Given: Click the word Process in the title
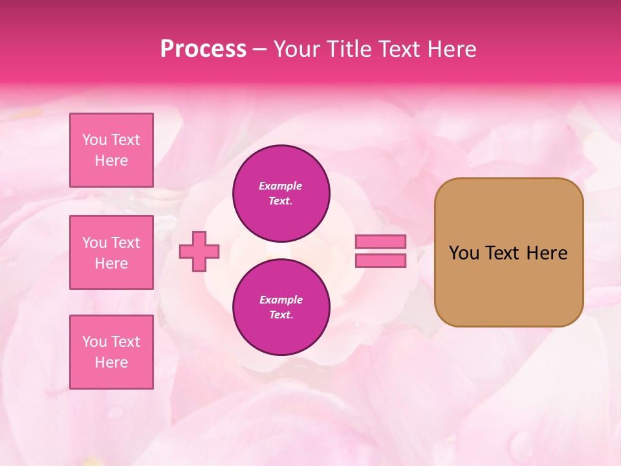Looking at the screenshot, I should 203,49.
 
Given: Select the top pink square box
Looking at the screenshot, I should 111,150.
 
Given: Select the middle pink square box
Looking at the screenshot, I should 111,252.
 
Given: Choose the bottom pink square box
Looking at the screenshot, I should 111,352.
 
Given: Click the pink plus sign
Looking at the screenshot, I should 199,251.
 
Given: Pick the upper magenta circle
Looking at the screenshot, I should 281,194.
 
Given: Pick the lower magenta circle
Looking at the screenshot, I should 281,307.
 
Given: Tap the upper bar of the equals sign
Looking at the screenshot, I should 380,242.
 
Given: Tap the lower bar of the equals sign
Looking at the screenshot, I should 380,261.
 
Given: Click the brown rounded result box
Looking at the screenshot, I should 508,252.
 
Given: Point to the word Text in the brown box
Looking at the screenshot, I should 502,253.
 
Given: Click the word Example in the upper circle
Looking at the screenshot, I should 281,186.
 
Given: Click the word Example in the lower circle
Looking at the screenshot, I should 281,300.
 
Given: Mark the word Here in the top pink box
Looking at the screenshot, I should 111,161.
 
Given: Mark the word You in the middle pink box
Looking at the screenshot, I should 94,243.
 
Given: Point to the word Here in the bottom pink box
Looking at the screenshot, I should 111,362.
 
